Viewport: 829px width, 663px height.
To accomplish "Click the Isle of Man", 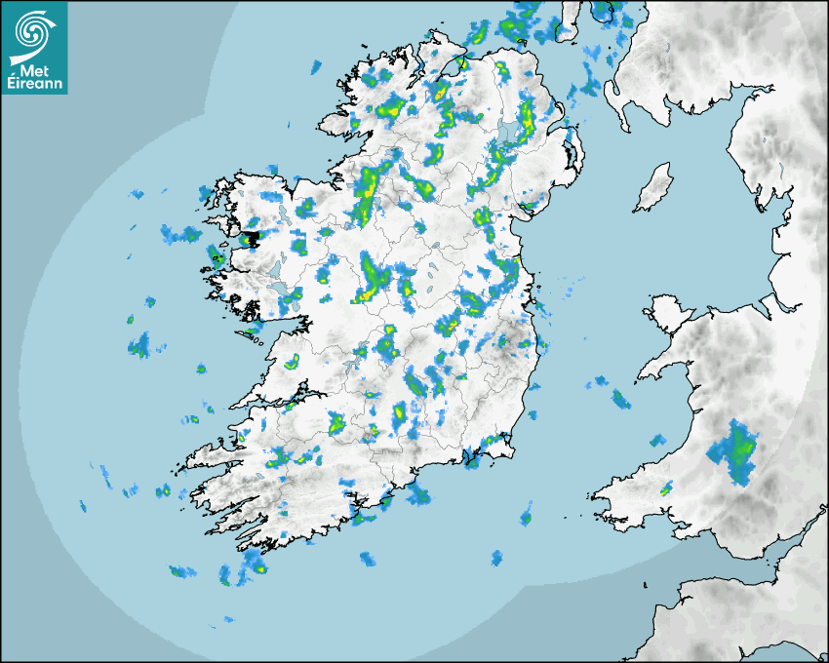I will [x=652, y=188].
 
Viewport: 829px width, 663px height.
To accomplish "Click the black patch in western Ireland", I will [x=252, y=237].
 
